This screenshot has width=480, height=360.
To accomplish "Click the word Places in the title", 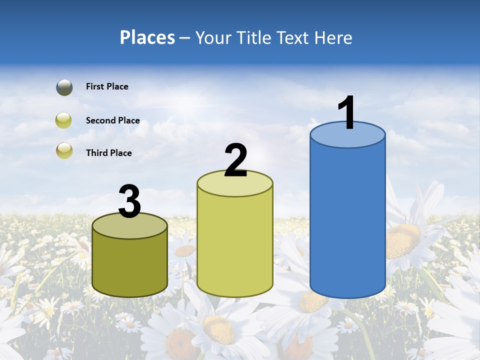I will tap(147, 37).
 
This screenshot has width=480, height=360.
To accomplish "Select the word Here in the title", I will tap(334, 37).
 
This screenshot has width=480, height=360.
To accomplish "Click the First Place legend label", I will tap(107, 86).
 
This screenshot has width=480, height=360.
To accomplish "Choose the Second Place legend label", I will tap(112, 120).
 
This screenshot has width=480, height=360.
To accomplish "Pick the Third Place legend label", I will tap(108, 153).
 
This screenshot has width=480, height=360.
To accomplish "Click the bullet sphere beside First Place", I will tap(64, 87).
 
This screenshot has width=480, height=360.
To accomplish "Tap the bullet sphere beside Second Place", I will tap(64, 120).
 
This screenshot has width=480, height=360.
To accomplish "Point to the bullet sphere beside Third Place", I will tap(64, 151).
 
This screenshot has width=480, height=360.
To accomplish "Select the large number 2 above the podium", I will tap(235, 160).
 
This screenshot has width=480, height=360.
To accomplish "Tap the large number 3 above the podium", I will tap(129, 201).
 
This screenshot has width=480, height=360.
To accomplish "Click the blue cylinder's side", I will tap(347, 220).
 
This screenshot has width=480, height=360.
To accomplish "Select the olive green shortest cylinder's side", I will tap(129, 265).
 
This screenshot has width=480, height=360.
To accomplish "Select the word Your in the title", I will tap(212, 37).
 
